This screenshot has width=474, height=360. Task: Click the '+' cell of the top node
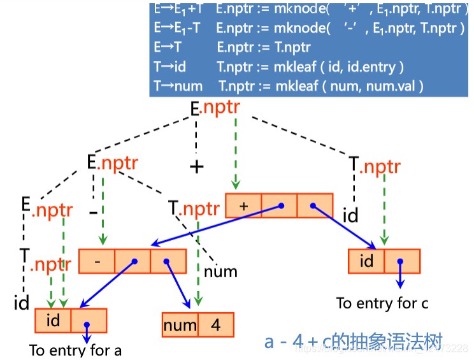pyautogui.click(x=243, y=206)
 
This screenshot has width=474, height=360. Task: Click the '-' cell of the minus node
pyautogui.click(x=96, y=261)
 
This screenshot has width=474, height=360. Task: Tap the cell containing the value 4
pyautogui.click(x=216, y=326)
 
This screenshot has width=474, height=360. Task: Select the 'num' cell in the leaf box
pyautogui.click(x=180, y=326)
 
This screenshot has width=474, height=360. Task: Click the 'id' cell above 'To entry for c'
pyautogui.click(x=366, y=261)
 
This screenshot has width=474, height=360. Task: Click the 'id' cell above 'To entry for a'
pyautogui.click(x=53, y=320)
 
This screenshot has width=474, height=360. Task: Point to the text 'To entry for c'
pyautogui.click(x=382, y=303)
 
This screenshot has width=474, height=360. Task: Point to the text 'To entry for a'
pyautogui.click(x=75, y=350)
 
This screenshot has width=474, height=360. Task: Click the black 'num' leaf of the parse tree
pyautogui.click(x=220, y=272)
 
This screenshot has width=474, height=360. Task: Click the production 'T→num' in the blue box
pyautogui.click(x=178, y=85)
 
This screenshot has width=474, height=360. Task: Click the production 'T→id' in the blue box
pyautogui.click(x=170, y=66)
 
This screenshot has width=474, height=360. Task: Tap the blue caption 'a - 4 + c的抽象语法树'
pyautogui.click(x=354, y=342)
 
